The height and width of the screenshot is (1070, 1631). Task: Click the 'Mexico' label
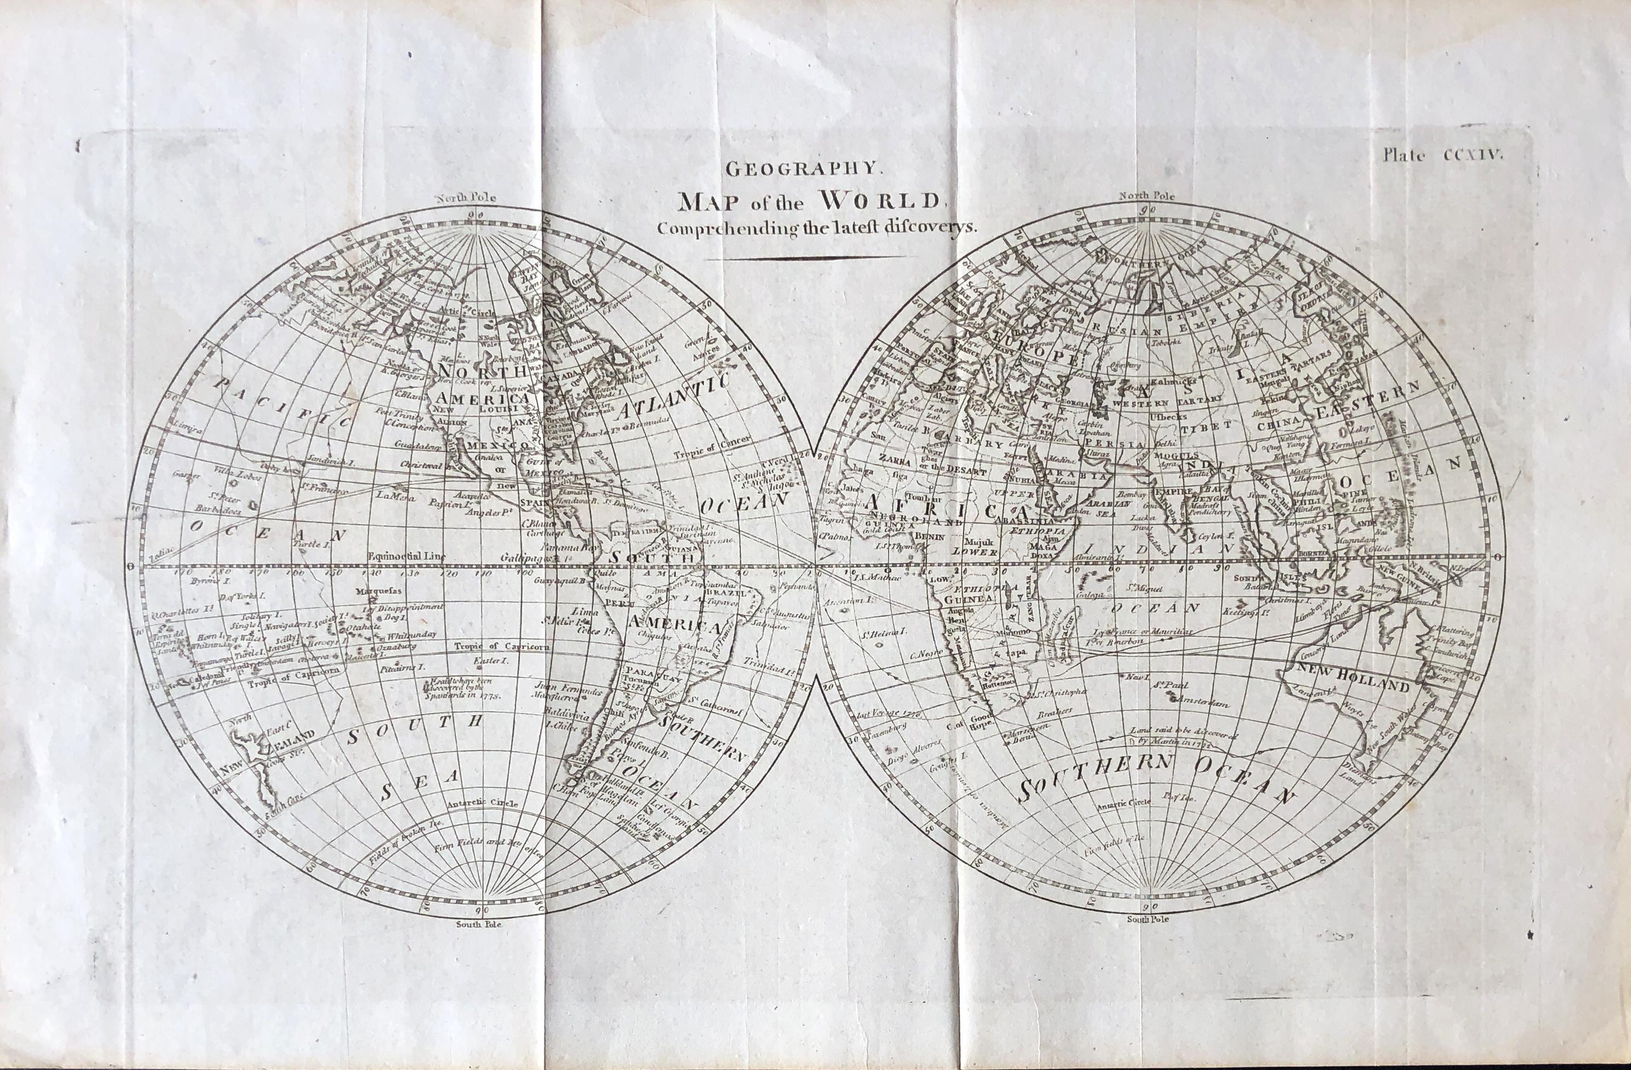(498, 446)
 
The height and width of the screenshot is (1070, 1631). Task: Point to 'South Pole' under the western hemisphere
(479, 924)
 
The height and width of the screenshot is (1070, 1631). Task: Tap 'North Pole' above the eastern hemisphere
(1146, 196)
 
